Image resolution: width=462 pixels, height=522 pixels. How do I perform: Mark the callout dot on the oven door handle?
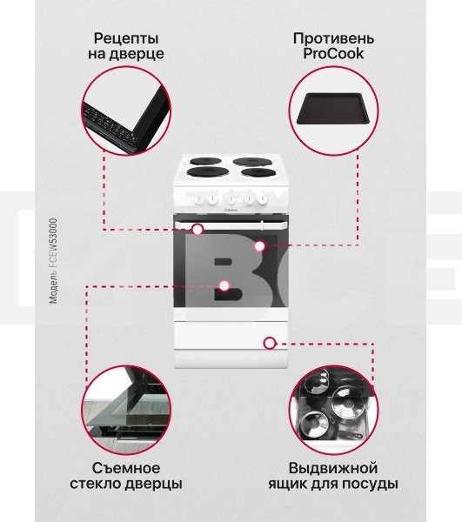click(198, 230)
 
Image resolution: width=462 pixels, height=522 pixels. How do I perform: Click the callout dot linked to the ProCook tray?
click(259, 246)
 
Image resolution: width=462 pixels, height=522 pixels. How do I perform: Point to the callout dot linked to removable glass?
click(224, 284)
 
